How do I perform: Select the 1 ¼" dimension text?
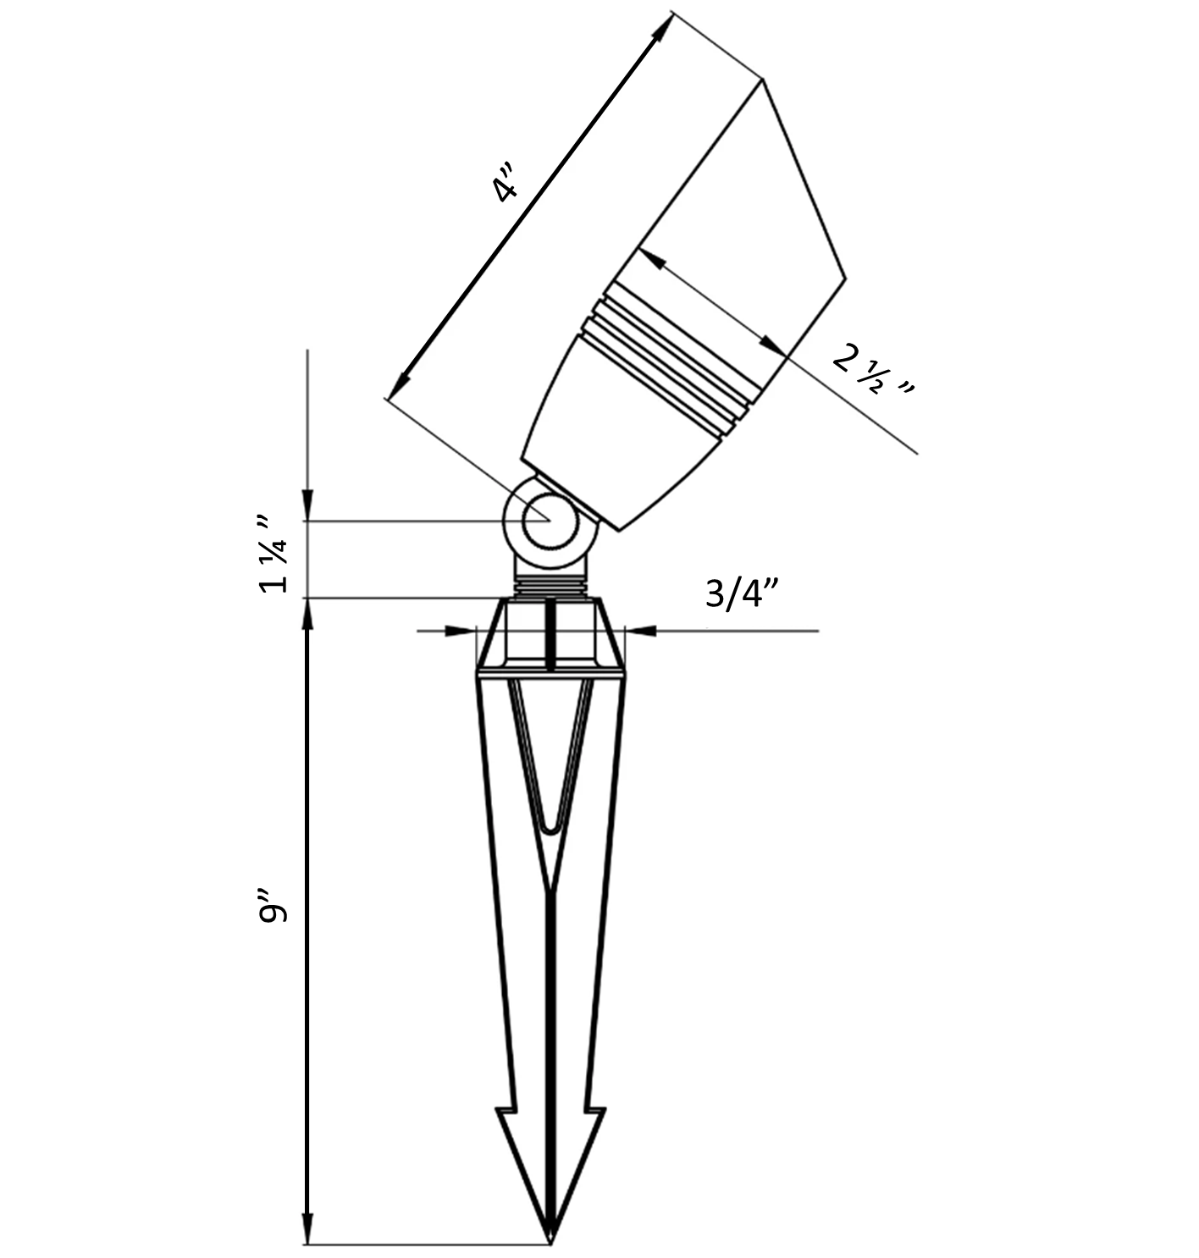click(274, 555)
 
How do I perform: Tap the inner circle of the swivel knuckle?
click(550, 521)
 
